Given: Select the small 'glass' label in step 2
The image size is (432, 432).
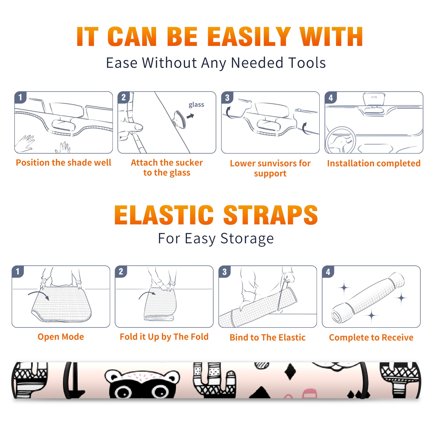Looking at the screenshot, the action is pos(196,105).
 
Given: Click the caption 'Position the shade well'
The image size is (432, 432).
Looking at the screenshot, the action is pos(63,163).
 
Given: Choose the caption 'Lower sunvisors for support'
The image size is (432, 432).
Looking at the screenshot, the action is pos(270,168).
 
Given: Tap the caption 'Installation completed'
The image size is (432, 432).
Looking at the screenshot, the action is pos(374,163).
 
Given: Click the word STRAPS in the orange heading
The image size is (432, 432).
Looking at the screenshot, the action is pos(271,215).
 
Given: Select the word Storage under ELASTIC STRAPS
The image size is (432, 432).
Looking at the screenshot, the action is pos(247,239).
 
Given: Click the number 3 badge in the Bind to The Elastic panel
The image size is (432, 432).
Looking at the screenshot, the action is pos(225,272).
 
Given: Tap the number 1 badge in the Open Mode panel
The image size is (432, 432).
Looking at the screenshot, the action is pos(18,272).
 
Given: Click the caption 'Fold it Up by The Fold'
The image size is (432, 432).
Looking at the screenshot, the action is pos(164,337).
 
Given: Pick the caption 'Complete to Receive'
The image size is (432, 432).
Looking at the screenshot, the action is pos(371,337).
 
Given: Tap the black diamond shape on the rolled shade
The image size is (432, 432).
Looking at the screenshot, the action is pos(290,372).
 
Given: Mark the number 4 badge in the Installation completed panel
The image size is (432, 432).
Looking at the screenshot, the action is pos(331,98).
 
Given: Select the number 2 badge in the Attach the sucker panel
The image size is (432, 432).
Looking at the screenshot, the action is pos(124,98).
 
